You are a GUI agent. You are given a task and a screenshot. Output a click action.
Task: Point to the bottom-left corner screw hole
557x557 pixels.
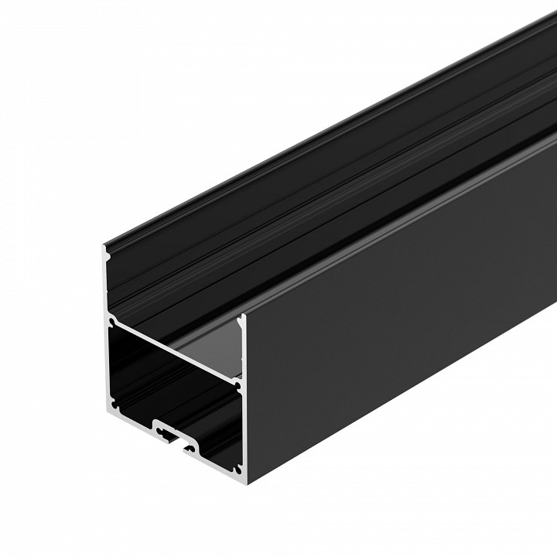(116, 403)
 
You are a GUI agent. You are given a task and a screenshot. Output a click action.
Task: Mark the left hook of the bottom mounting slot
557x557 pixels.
(158, 425)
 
